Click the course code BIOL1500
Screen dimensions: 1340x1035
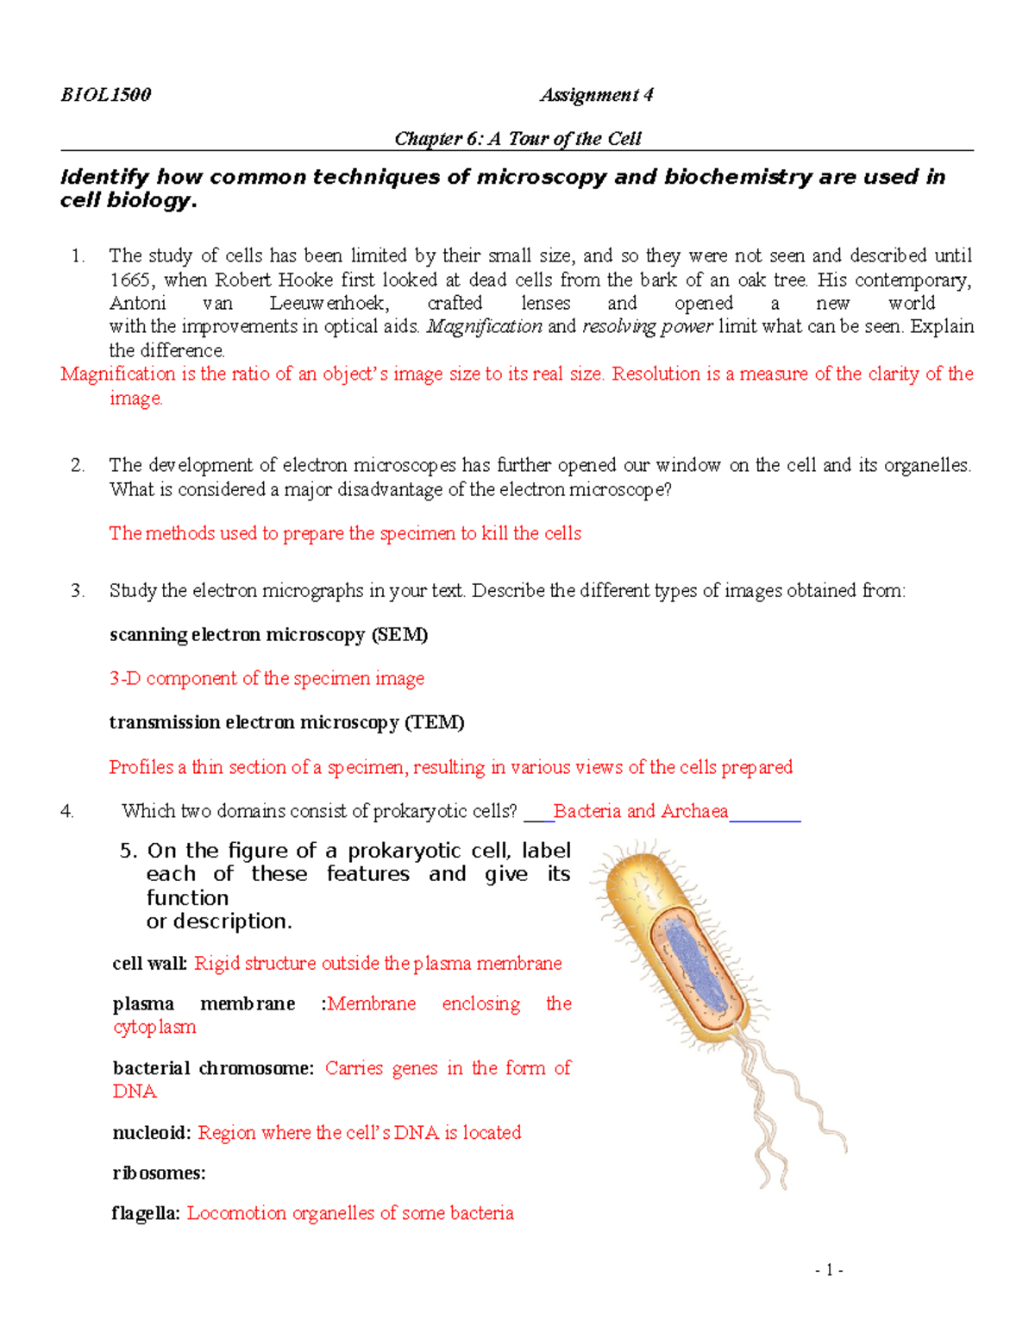105,95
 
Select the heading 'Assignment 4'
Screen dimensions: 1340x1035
596,95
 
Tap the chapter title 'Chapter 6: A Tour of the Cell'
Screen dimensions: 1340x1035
517,139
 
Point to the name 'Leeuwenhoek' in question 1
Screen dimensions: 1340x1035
329,304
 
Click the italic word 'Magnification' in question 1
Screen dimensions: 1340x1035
484,327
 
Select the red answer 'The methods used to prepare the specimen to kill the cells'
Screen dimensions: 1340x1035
345,533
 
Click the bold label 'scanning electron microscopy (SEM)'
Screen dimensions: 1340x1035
268,635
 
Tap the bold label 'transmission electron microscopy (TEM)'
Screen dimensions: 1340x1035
286,722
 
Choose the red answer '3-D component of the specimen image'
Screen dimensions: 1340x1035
267,679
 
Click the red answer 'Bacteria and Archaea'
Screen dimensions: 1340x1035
641,811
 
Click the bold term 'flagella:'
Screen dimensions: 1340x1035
146,1213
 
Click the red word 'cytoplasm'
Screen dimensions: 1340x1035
154,1027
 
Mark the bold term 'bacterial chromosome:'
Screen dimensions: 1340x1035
213,1068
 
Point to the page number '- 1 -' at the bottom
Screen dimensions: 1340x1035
829,1269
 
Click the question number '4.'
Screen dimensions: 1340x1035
67,811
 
